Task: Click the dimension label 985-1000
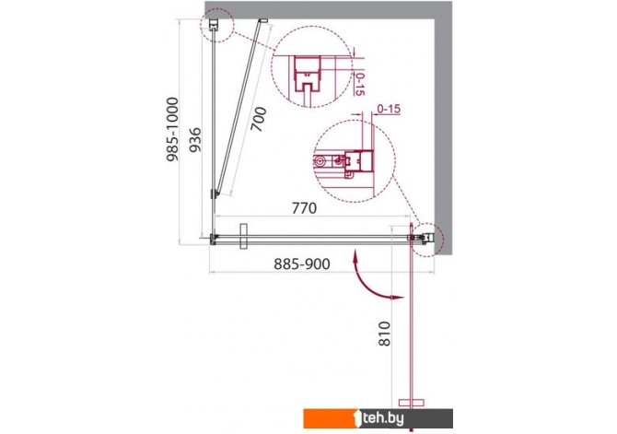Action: (x=172, y=129)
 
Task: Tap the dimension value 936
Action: (x=195, y=139)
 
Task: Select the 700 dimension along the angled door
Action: (x=259, y=120)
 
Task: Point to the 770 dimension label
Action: (x=304, y=207)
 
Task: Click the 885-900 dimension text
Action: (x=302, y=264)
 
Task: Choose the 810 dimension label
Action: (x=384, y=334)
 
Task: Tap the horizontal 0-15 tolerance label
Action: (x=389, y=109)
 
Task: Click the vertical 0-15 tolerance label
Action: (x=359, y=84)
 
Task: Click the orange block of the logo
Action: (x=330, y=418)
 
